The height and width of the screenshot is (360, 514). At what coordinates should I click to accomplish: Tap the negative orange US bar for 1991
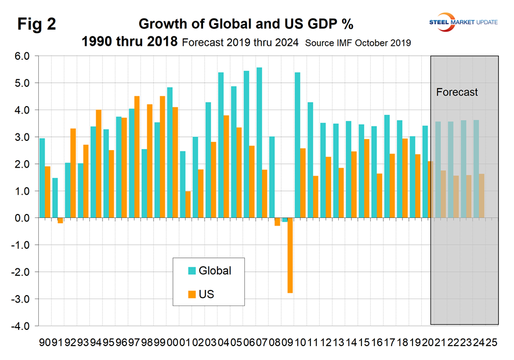[x=60, y=220]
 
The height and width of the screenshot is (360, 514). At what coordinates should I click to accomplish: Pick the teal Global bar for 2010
[x=297, y=146]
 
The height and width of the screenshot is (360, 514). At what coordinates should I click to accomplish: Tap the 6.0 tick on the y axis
[x=23, y=56]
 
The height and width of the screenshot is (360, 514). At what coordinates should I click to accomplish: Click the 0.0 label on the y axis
[x=23, y=218]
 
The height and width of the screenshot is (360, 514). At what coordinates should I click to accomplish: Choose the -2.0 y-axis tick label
[x=21, y=272]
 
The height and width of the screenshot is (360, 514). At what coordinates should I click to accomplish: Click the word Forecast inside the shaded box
[x=457, y=92]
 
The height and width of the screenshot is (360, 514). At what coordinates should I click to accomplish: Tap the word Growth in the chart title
[x=158, y=24]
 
